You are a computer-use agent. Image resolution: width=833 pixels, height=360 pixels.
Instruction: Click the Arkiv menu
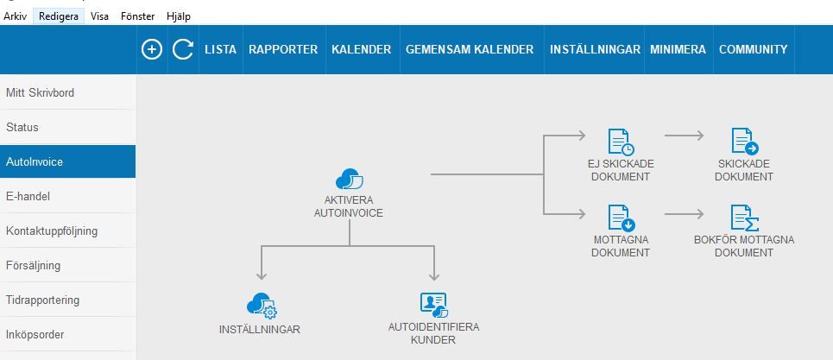coord(15,16)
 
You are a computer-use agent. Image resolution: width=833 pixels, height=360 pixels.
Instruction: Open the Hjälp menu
coord(177,16)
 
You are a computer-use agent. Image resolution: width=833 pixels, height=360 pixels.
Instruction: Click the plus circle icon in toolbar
coord(152,49)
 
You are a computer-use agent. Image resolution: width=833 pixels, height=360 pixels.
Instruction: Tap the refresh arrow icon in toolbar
coord(182,49)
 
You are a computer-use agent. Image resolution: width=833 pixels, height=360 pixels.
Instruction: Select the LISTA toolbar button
coord(220,49)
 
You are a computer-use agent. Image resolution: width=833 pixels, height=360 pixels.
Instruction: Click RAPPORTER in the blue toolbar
coord(283,49)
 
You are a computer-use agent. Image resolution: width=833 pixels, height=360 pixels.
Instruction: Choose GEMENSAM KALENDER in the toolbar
coord(470,49)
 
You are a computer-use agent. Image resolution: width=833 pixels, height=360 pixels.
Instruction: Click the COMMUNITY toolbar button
coord(753,49)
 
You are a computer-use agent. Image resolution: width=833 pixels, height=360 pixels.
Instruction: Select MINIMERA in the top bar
coord(678,49)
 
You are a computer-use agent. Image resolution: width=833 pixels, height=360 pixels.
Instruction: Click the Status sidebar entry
coord(22,127)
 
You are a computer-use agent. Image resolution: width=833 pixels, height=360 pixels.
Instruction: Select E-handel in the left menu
coord(28,196)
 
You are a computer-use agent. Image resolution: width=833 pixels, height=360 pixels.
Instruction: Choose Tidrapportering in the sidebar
coord(42,300)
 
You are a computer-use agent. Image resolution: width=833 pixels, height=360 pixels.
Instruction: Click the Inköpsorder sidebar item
coord(35,334)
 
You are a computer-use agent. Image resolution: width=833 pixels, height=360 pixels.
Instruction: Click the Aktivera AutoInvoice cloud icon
coord(349,180)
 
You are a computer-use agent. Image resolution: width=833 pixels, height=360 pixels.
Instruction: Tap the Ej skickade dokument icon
coord(620,142)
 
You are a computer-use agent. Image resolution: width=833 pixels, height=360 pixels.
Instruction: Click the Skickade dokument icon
coord(743,142)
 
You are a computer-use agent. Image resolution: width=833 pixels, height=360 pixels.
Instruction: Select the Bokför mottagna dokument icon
coord(743,217)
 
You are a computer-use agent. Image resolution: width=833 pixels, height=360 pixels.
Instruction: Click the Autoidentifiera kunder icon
coord(433,305)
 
